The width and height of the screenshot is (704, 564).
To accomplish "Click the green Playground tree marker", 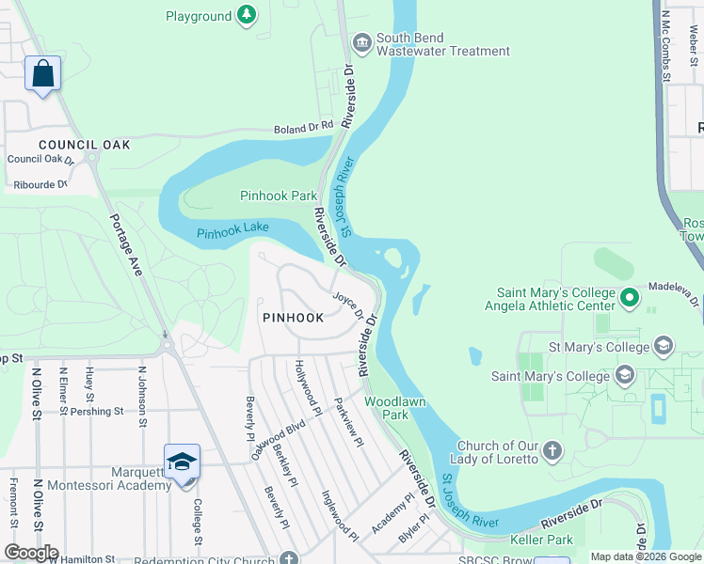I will point(246,15).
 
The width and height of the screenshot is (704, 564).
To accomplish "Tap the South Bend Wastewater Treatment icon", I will point(361,42).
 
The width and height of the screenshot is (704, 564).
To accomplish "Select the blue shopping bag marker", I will point(43,73).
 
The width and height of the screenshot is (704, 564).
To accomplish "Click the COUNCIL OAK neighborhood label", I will point(84,145).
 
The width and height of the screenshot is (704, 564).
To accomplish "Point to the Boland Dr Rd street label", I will point(303,128).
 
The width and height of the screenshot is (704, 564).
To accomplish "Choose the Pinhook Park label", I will point(279,196).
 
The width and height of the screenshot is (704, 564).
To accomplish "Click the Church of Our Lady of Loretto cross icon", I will point(552,451).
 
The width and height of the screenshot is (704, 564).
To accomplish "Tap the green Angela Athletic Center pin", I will point(630,299).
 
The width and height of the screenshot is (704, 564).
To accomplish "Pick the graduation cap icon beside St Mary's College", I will point(664,347).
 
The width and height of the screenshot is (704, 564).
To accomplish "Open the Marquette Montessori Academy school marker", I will point(182,462).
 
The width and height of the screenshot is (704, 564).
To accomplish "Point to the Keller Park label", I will point(541,540).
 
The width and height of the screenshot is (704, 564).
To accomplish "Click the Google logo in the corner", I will point(31,553).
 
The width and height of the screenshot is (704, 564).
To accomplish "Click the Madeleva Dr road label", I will point(675,289).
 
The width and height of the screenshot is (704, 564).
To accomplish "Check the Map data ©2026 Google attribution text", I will point(645,556).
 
